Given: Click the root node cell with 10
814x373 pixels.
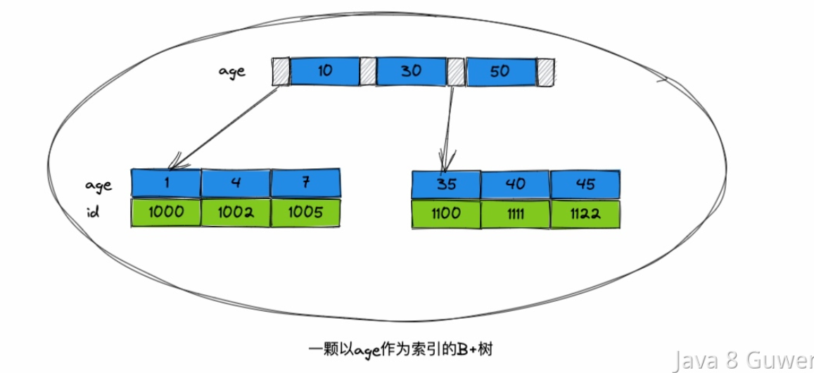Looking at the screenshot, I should [x=324, y=72].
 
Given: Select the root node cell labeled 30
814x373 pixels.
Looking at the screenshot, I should [x=411, y=72].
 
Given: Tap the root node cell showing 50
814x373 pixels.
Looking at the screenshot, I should [x=500, y=72].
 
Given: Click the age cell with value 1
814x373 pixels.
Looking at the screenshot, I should [x=166, y=183].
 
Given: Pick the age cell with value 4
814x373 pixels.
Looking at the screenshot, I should [x=236, y=183].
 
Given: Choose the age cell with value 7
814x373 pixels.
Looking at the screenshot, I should [x=305, y=183].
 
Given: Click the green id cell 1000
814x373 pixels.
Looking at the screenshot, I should [x=166, y=213].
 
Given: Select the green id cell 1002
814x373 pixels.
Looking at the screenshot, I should [x=236, y=213].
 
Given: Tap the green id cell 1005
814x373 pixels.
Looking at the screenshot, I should [x=305, y=213].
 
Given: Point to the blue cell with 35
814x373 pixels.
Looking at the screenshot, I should [x=446, y=184].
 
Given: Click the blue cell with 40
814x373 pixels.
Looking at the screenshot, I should [x=516, y=184].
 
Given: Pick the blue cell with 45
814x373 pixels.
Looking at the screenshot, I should [x=585, y=184].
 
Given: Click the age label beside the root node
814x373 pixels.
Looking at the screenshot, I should [x=231, y=72].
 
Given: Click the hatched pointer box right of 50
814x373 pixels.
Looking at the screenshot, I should [x=546, y=72].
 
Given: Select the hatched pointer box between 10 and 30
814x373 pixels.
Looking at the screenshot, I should [x=368, y=72].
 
